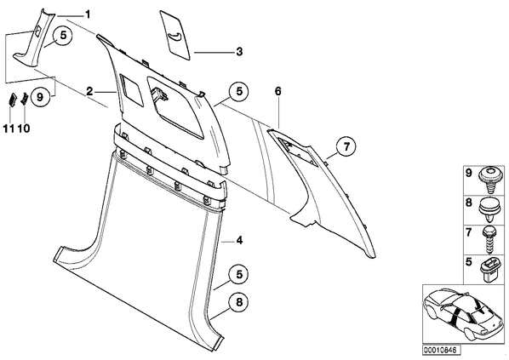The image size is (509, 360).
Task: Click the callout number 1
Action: (x=87, y=14)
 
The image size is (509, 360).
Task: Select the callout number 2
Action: (x=89, y=92)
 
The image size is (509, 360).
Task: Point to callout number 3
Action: (x=239, y=52)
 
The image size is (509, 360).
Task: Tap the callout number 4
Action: (x=239, y=241)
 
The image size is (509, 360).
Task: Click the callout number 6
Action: (x=277, y=92)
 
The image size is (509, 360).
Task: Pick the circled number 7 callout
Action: (x=346, y=146)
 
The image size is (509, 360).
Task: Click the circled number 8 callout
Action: (x=239, y=302)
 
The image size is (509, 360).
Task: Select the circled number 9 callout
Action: (x=40, y=97)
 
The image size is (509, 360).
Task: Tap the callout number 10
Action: (x=24, y=129)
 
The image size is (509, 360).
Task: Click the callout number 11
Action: (x=9, y=129)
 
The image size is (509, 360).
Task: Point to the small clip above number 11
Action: (x=11, y=99)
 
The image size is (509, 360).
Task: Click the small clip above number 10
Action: (x=25, y=99)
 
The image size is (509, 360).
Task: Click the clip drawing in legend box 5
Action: (x=489, y=269)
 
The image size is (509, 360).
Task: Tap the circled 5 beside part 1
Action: (x=63, y=36)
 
